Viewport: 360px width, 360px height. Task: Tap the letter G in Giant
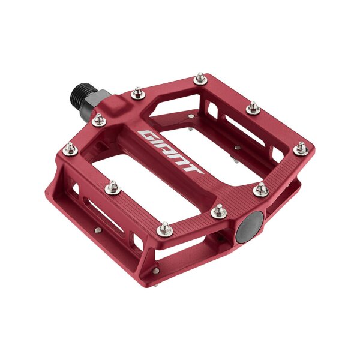145,133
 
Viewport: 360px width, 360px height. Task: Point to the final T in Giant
194,169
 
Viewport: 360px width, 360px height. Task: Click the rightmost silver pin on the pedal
301,148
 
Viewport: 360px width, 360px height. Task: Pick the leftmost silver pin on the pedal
70,146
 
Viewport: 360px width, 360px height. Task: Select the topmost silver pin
200,78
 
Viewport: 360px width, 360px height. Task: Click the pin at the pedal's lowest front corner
166,229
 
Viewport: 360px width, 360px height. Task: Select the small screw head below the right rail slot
238,148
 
